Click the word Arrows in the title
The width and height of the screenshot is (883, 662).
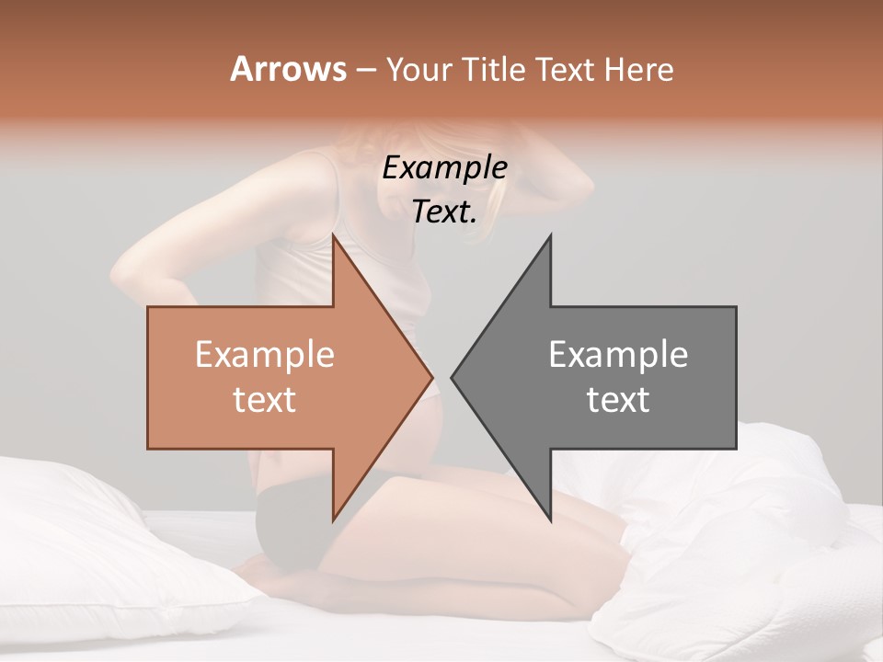288,69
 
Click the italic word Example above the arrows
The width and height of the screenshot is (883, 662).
445,167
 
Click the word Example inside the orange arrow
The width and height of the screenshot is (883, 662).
264,354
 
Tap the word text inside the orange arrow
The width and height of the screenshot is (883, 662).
264,400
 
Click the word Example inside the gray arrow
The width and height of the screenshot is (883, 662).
618,354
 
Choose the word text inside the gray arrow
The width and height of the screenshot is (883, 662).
618,400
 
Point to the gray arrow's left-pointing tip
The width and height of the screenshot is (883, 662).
453,377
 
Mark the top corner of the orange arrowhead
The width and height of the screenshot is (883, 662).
334,236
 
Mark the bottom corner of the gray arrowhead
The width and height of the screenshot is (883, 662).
550,520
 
